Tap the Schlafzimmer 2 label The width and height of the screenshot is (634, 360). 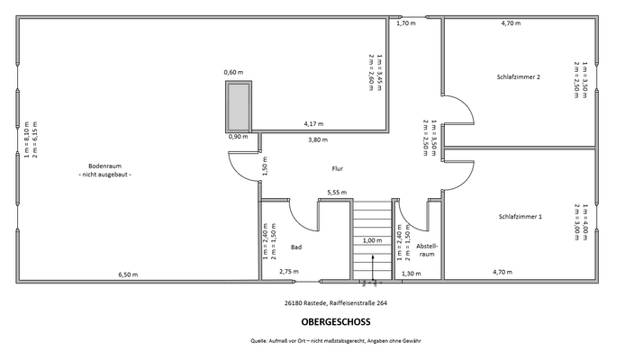519,77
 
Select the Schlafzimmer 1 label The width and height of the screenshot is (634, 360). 520,217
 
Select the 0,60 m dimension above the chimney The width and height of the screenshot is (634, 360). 234,72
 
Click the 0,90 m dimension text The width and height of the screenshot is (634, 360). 238,138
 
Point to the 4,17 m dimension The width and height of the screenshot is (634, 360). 313,123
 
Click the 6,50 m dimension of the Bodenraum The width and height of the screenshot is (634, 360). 128,274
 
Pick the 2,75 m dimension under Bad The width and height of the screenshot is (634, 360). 289,271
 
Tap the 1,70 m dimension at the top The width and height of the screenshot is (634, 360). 406,23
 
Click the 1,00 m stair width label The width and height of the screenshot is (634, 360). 371,240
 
